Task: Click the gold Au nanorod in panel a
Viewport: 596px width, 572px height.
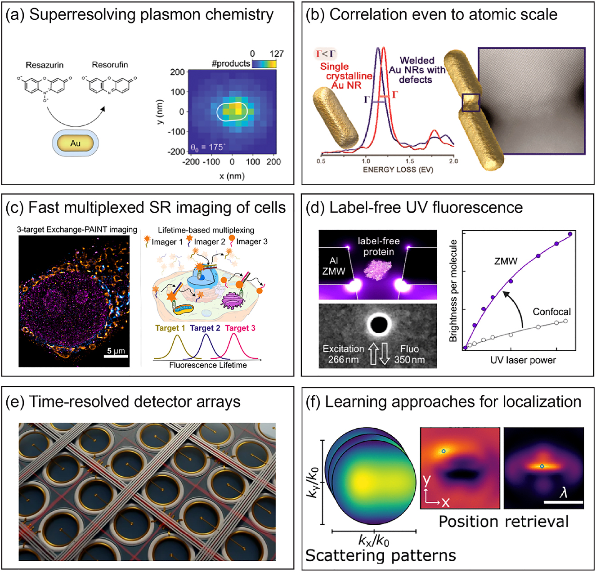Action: point(75,143)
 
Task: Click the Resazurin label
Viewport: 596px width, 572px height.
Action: point(45,65)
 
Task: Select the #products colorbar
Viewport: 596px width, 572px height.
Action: point(264,64)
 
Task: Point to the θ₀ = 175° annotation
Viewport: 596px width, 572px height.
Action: point(208,147)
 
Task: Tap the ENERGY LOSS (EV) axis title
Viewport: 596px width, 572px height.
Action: point(398,170)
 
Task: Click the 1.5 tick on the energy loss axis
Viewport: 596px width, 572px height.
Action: point(410,161)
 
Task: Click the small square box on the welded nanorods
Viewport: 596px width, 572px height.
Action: point(471,103)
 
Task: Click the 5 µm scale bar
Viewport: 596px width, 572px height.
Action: point(116,356)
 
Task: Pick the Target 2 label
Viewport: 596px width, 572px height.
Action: point(205,328)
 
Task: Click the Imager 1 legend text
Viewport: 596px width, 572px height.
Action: point(167,242)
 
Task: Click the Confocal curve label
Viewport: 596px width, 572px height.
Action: point(551,312)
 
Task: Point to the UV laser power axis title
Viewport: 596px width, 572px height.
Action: point(523,360)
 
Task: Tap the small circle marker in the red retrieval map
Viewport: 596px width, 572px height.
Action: point(444,451)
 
